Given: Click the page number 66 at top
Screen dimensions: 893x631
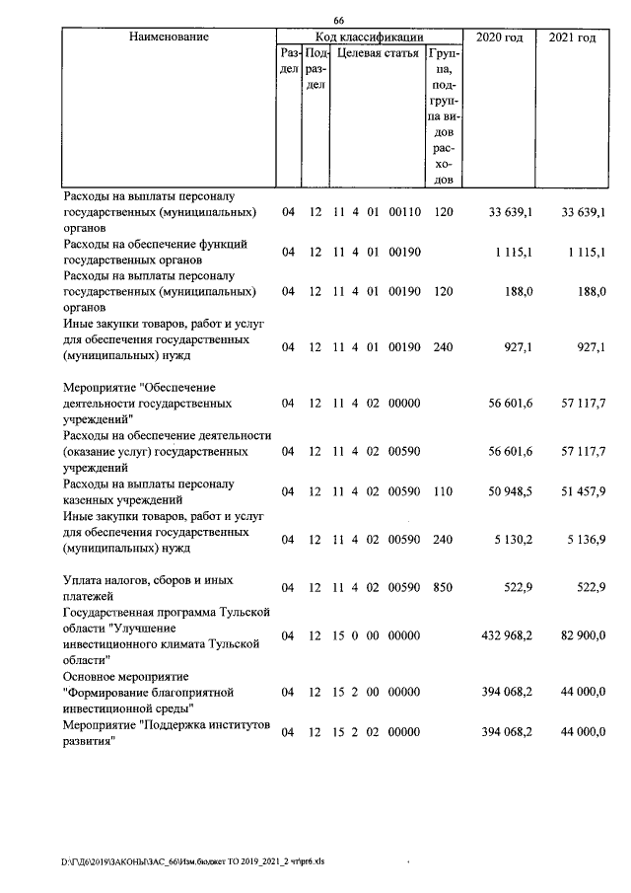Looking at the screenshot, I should tap(338, 22).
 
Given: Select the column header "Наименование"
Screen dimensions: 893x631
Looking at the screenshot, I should tap(168, 37).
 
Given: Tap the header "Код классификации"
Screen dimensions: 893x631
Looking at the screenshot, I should tap(368, 37).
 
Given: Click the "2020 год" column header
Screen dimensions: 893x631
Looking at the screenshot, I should tap(499, 37).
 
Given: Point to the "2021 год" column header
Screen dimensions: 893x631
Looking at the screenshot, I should tap(572, 37).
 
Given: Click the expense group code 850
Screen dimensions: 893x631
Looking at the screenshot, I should tap(443, 588).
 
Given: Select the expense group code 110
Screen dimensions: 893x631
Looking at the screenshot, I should tap(443, 491).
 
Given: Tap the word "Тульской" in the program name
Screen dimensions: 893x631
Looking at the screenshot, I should tap(233, 613).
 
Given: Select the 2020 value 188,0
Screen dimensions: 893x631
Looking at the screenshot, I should tap(520, 291).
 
